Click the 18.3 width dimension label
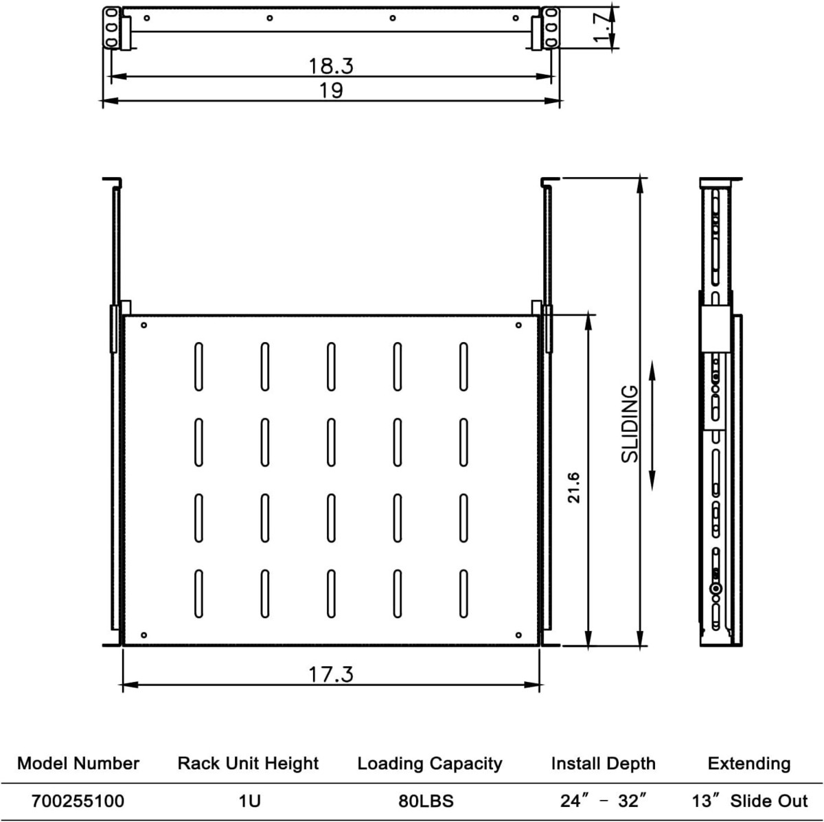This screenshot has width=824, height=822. [331, 66]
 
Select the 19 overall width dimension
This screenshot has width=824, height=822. [332, 90]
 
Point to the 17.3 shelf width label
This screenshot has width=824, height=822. [331, 674]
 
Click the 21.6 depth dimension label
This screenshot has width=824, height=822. [574, 488]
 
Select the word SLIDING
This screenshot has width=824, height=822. [630, 424]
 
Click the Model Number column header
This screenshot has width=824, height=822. [78, 764]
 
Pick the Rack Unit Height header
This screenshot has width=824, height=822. [248, 764]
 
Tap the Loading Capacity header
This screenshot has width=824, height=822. [430, 764]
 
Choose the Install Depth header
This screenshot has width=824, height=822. [603, 764]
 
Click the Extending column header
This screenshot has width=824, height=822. [749, 764]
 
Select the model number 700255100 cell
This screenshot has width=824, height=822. [78, 801]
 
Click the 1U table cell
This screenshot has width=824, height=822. [249, 801]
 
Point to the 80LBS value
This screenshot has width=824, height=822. [426, 801]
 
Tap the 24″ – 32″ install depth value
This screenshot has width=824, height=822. [603, 801]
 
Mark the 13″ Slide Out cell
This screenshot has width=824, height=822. [750, 801]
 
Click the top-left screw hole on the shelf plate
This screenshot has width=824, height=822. [144, 326]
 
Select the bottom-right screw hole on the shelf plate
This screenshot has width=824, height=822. [518, 635]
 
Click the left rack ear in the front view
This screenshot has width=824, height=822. [111, 27]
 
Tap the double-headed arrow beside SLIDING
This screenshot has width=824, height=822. [652, 425]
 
